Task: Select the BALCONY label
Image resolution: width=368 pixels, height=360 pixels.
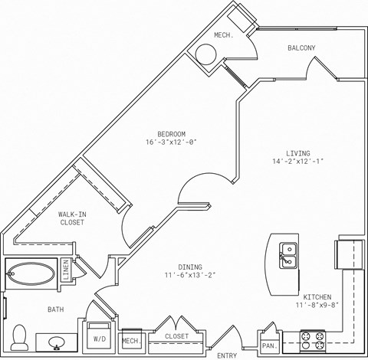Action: [301, 48]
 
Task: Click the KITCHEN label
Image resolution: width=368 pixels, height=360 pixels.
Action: [317, 296]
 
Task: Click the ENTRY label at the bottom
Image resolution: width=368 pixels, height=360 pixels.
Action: [227, 355]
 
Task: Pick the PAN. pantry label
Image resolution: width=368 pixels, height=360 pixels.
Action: [269, 346]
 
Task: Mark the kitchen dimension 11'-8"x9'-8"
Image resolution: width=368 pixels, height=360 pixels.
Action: [317, 306]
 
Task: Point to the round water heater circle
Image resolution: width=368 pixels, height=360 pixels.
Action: [207, 55]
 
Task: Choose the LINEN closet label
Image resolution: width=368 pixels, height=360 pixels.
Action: [66, 271]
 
